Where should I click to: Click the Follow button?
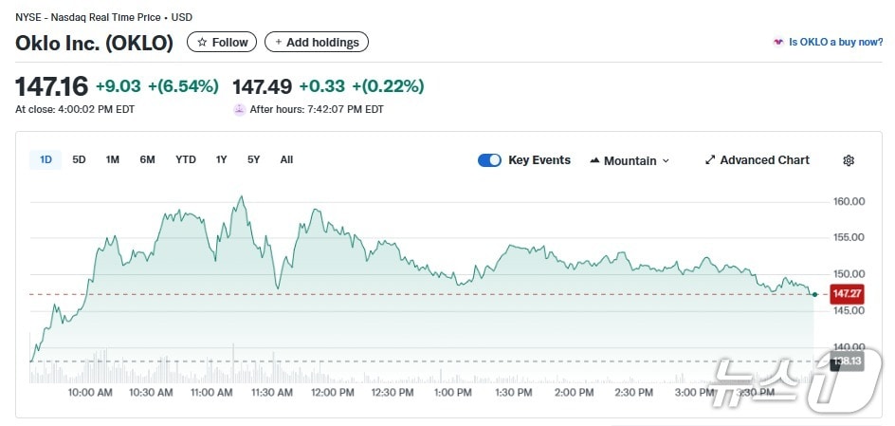[x=222, y=42]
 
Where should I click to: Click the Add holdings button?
[x=316, y=42]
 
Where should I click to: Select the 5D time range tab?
[x=79, y=159]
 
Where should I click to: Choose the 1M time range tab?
[x=113, y=159]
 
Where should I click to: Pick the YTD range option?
[x=186, y=159]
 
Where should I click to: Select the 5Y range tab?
[x=253, y=159]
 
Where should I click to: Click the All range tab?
[x=286, y=159]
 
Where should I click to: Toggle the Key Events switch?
[x=489, y=160]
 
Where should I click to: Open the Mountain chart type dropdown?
[x=630, y=160]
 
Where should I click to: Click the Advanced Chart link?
[x=757, y=160]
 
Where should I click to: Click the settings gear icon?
[x=849, y=160]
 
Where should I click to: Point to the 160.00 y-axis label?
[x=849, y=201]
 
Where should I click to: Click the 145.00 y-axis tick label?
[x=849, y=310]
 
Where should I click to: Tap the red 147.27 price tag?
[x=846, y=294]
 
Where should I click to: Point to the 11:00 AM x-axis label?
[x=211, y=392]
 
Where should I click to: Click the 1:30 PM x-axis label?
[x=513, y=392]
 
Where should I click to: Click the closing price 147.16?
[x=51, y=86]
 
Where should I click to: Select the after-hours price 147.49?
[x=262, y=86]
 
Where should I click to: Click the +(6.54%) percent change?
[x=183, y=86]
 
